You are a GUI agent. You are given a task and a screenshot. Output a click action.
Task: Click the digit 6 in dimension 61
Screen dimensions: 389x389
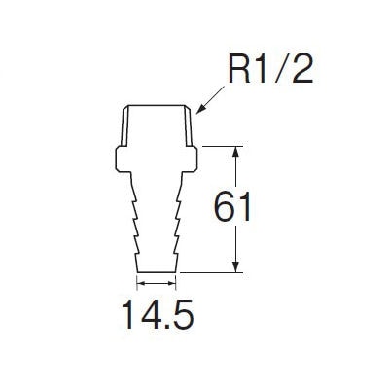225,206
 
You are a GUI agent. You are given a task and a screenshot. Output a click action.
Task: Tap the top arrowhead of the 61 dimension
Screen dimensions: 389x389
237,153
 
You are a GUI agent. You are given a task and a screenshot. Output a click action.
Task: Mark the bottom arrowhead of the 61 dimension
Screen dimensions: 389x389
237,266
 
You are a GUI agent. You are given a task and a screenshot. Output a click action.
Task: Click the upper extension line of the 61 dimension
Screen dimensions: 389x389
223,146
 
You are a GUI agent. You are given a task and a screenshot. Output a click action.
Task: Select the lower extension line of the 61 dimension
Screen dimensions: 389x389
211,272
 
